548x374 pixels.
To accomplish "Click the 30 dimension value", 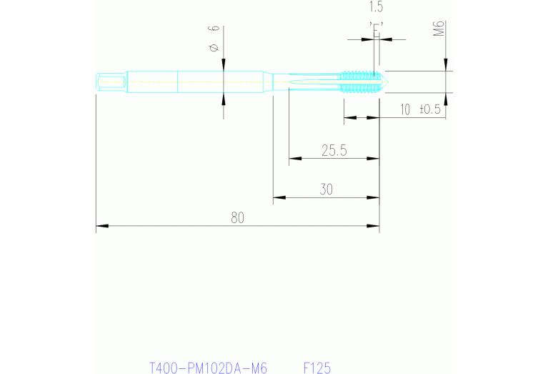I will pyautogui.click(x=327, y=190).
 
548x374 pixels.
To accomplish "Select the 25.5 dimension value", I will pyautogui.click(x=334, y=150).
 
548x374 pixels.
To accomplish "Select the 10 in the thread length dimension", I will pyautogui.click(x=405, y=109).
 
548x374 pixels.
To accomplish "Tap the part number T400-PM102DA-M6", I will pyautogui.click(x=208, y=368).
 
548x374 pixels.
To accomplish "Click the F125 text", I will pyautogui.click(x=317, y=368).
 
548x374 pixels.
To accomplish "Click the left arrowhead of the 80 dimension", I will pyautogui.click(x=101, y=226).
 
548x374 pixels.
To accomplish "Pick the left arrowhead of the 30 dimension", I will pyautogui.click(x=279, y=197).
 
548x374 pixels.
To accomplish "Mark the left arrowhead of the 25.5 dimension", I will pyautogui.click(x=294, y=158).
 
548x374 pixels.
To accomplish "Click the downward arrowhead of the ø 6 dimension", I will pyautogui.click(x=224, y=65).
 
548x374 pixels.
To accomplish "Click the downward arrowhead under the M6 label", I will pyautogui.click(x=446, y=66).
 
